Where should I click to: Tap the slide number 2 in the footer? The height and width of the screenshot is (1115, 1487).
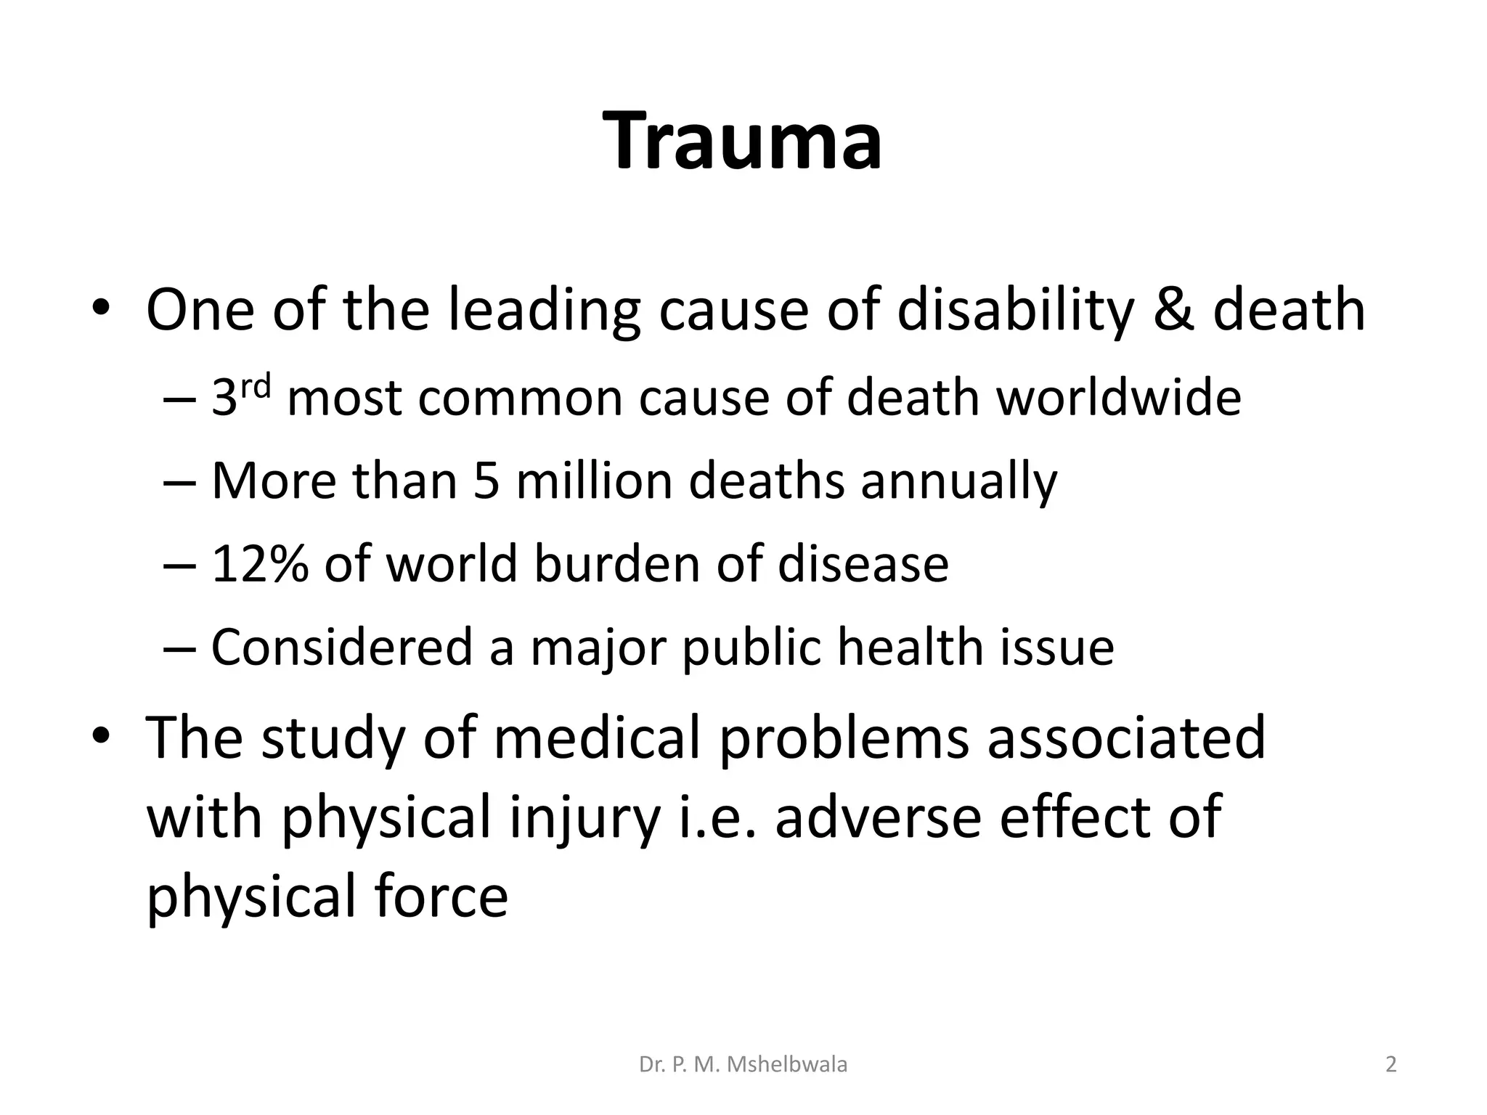tap(1390, 1065)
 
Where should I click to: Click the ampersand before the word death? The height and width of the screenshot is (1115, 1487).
tap(1173, 310)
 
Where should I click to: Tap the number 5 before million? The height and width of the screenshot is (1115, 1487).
tap(486, 481)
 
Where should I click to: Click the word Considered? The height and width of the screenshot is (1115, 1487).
tap(342, 647)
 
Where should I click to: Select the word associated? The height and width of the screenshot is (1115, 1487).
tap(1125, 738)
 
